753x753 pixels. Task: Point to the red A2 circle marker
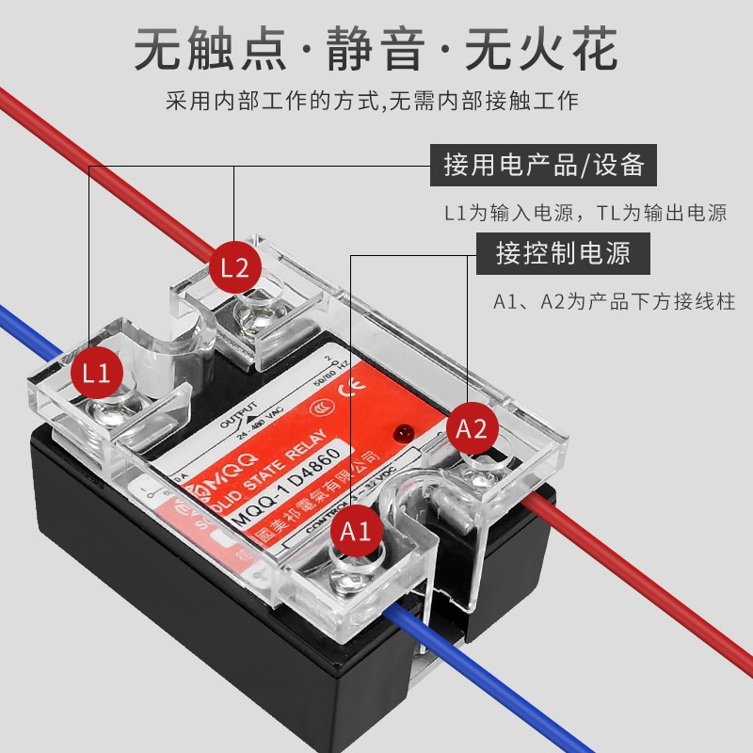pos(472,429)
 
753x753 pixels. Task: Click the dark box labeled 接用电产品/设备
pos(544,166)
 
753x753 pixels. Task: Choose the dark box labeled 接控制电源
pos(563,253)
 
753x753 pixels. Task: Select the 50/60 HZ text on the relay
pos(323,376)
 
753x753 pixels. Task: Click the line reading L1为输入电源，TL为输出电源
pos(585,213)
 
